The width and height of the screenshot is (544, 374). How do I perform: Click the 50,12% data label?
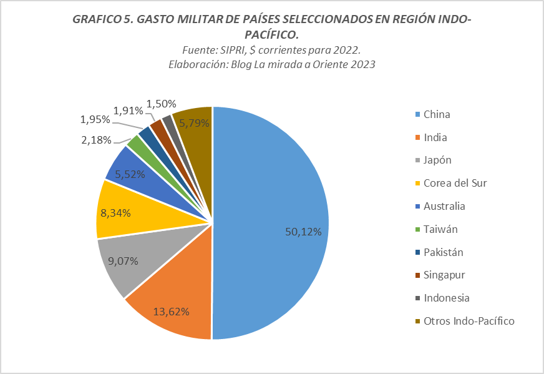pos(303,232)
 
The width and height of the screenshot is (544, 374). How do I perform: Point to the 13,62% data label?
pos(172,311)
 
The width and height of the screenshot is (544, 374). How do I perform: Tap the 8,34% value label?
pos(115,213)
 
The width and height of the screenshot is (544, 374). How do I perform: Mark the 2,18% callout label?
pos(96,139)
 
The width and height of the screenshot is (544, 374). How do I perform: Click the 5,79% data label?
pos(194,124)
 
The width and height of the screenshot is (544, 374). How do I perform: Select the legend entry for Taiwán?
pos(440,229)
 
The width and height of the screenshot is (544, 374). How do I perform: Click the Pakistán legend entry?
pos(443,252)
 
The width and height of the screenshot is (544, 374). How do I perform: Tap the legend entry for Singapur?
pos(444,275)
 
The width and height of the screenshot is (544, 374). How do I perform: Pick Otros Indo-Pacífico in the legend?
pos(469,321)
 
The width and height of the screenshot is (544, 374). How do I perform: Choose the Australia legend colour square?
pos(417,207)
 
